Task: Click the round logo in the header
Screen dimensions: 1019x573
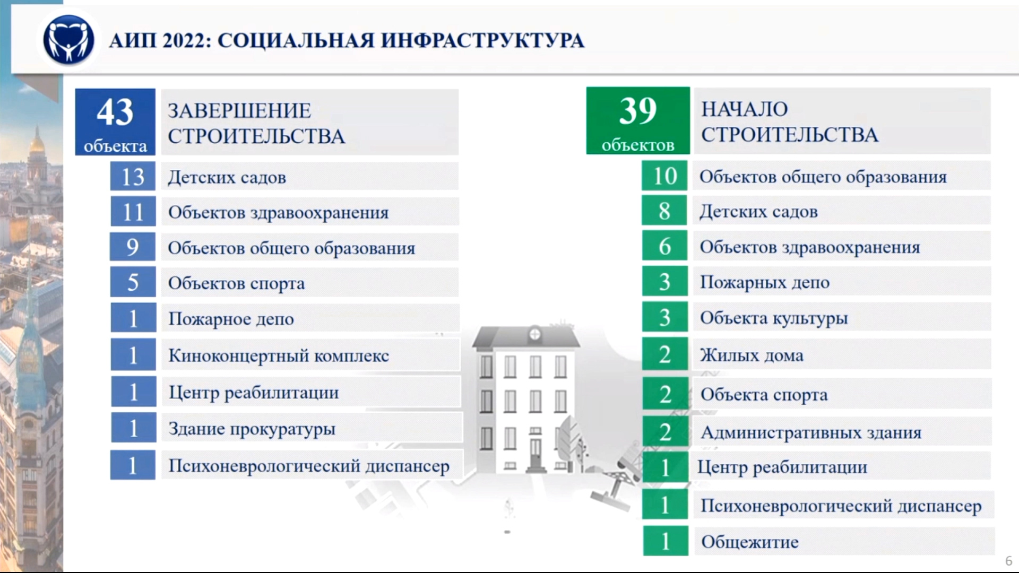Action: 68,40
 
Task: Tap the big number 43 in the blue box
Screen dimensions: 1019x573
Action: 115,112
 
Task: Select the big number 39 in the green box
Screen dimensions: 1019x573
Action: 637,111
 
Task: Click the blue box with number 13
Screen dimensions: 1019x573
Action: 133,176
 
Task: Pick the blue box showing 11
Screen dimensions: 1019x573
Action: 133,211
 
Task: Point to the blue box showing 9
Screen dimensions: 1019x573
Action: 133,247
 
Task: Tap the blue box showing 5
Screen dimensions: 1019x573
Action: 133,282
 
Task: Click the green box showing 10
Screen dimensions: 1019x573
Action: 664,176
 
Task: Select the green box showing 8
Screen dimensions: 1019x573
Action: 664,211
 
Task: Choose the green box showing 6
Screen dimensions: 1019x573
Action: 664,246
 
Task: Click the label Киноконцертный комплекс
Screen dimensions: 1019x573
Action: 279,355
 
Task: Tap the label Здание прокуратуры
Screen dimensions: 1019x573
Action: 252,429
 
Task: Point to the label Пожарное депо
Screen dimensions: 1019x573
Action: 231,319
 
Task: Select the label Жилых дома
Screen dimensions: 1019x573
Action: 752,355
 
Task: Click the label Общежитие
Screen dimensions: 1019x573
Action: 750,542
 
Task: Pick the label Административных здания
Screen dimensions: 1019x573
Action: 811,432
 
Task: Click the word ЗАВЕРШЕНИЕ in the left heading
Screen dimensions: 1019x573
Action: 239,111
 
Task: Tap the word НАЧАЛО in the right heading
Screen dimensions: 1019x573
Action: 745,109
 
